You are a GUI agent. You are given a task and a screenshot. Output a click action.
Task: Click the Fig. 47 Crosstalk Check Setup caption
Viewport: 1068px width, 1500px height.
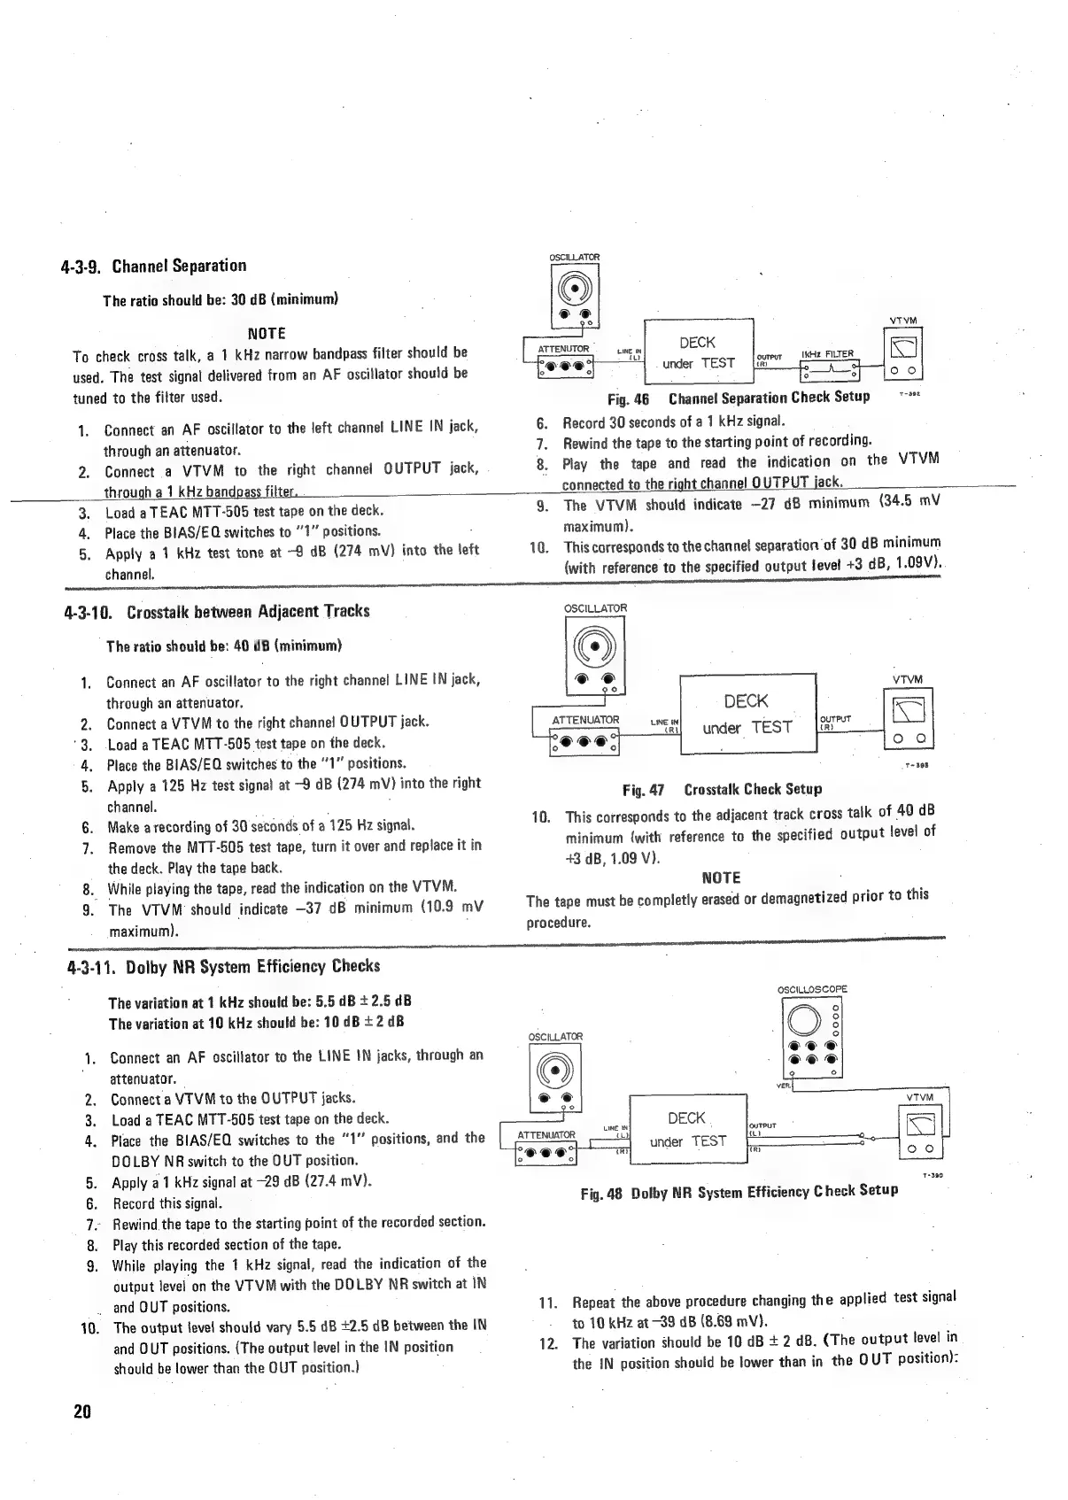[722, 789]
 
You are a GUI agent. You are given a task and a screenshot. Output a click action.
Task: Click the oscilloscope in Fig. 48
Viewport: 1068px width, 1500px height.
[811, 1037]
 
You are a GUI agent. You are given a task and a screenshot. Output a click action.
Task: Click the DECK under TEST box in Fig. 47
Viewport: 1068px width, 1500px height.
[747, 714]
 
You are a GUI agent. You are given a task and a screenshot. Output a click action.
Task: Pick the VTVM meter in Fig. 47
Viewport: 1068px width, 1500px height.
[909, 718]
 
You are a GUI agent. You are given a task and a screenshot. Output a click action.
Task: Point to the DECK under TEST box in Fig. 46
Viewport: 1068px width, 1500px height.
[698, 353]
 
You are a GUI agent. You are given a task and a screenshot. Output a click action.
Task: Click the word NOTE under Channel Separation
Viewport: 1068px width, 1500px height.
[266, 333]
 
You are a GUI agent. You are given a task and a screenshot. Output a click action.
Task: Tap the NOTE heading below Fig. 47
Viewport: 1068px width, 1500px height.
[721, 878]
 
